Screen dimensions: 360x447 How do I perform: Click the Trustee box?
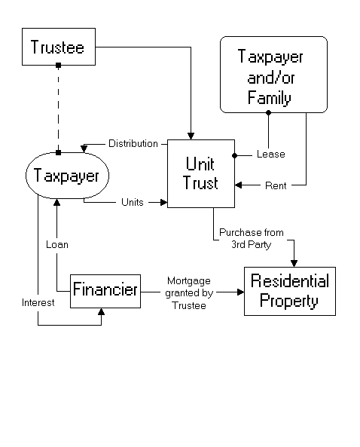(59, 47)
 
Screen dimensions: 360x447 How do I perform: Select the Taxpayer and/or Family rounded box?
(273, 75)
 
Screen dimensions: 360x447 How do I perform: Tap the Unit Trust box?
(201, 173)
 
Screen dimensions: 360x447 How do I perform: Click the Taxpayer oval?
(67, 176)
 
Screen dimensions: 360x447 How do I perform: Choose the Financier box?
(105, 291)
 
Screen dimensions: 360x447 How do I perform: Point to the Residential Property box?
(290, 291)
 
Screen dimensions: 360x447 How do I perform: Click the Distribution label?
(133, 143)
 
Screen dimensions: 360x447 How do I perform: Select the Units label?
(133, 202)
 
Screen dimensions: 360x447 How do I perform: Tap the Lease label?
(271, 154)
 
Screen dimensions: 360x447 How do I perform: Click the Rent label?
(276, 185)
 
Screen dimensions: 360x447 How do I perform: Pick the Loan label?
(57, 244)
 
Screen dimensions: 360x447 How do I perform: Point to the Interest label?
(38, 302)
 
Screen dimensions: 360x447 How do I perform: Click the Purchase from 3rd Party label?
(252, 238)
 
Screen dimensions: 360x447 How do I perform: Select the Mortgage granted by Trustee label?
(189, 293)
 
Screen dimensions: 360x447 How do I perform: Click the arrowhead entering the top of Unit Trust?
(191, 136)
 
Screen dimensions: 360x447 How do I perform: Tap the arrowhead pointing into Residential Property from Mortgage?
(241, 292)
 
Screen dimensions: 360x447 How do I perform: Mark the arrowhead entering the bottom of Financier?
(101, 311)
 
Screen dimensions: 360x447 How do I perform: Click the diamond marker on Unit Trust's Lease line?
(235, 155)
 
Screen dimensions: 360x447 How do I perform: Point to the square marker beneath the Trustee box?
(59, 66)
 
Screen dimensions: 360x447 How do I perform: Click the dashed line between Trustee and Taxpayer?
(59, 109)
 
